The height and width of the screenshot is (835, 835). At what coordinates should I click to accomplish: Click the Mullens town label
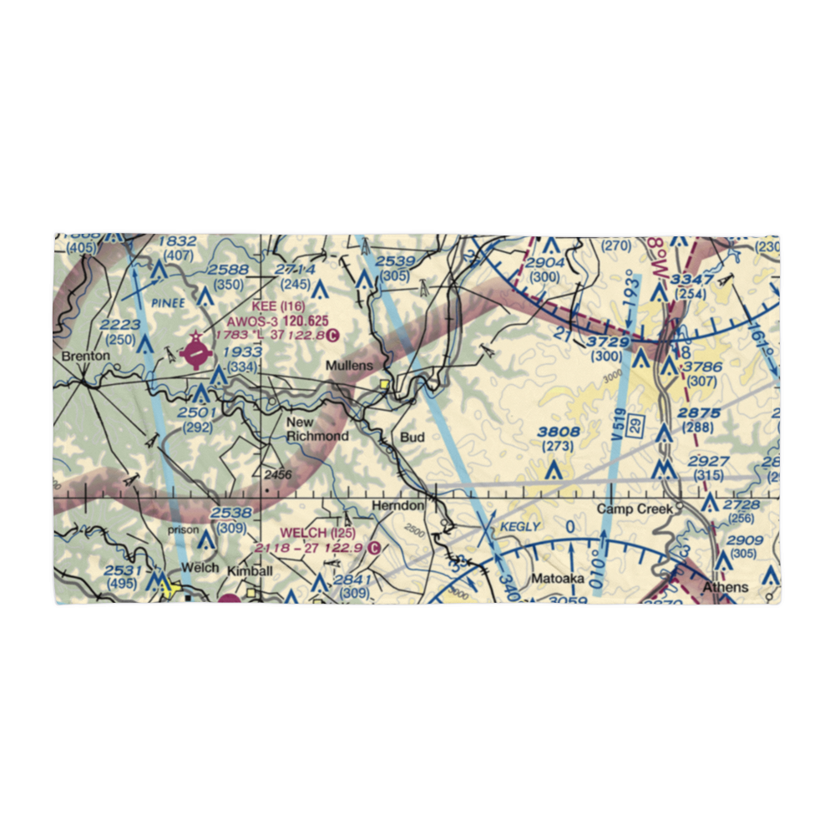349,366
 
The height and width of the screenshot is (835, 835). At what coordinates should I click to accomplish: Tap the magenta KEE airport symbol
195,355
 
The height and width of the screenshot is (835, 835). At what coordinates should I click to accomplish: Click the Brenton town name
85,356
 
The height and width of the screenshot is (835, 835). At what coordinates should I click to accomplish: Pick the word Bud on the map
412,437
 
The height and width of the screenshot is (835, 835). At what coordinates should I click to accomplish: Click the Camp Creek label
634,509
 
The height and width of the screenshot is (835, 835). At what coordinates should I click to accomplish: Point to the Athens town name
725,587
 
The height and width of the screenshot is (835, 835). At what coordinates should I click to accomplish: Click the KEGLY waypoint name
522,526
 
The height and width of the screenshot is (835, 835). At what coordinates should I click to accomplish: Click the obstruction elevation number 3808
558,432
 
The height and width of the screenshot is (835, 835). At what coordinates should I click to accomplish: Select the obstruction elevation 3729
608,343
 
